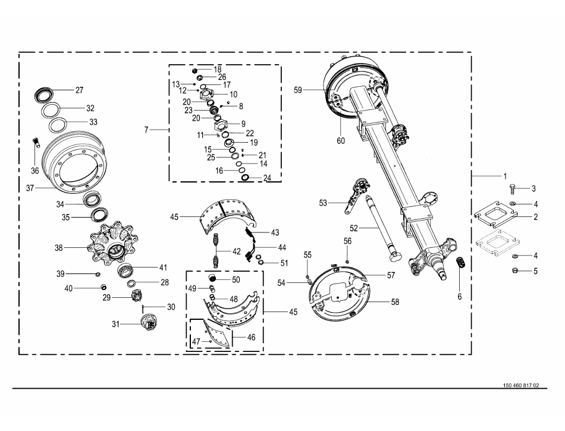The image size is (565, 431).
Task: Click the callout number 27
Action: pyautogui.click(x=79, y=90)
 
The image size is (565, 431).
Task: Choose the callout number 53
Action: pyautogui.click(x=323, y=203)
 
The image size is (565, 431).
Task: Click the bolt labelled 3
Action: pyautogui.click(x=513, y=188)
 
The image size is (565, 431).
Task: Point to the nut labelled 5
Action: pyautogui.click(x=515, y=271)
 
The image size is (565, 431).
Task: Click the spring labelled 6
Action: pyautogui.click(x=460, y=263)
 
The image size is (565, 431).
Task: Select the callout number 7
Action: pyautogui.click(x=147, y=129)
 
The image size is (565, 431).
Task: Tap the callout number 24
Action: pyautogui.click(x=267, y=178)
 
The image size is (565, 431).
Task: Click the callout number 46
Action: pyautogui.click(x=251, y=337)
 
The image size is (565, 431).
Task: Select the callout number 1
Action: pyautogui.click(x=505, y=177)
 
